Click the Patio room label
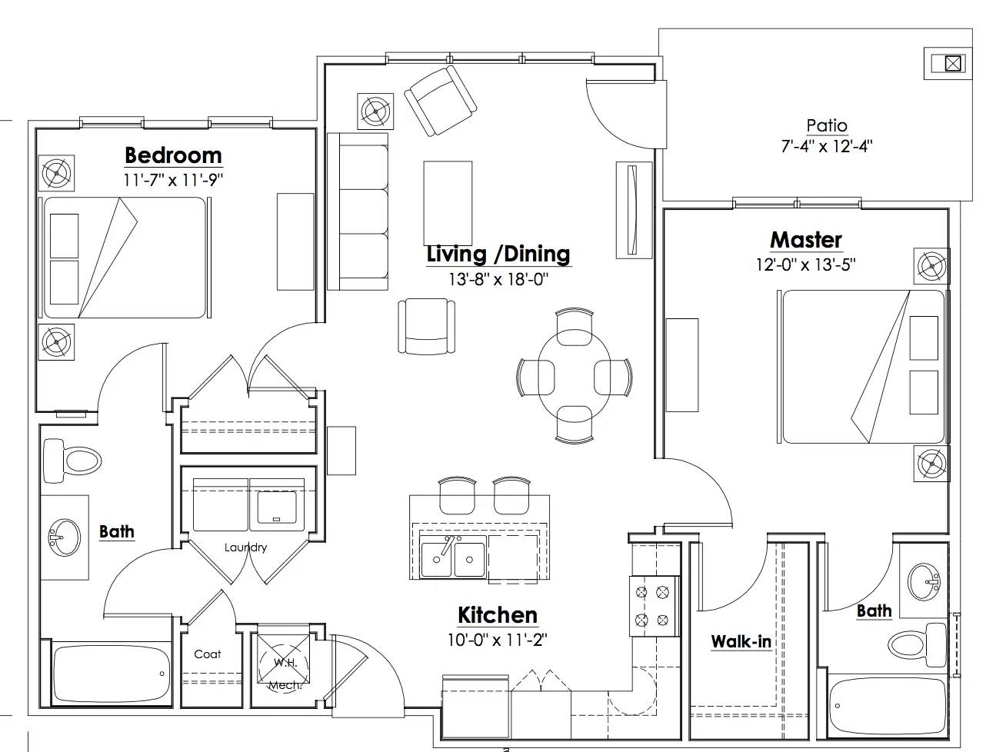point(827,125)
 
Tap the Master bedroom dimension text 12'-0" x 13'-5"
point(805,265)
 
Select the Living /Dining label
point(498,254)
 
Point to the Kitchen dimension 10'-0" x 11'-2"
point(498,640)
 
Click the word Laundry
point(245,547)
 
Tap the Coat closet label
point(208,654)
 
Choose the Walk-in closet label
point(741,641)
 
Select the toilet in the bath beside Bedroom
point(72,461)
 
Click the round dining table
point(574,376)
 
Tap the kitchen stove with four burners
point(653,606)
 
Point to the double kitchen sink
point(453,556)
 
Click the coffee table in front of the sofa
point(448,203)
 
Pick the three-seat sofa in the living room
point(358,211)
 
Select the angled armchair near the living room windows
point(440,101)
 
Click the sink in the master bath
point(924,582)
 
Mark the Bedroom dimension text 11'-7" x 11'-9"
point(173,180)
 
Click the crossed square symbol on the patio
point(952,63)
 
